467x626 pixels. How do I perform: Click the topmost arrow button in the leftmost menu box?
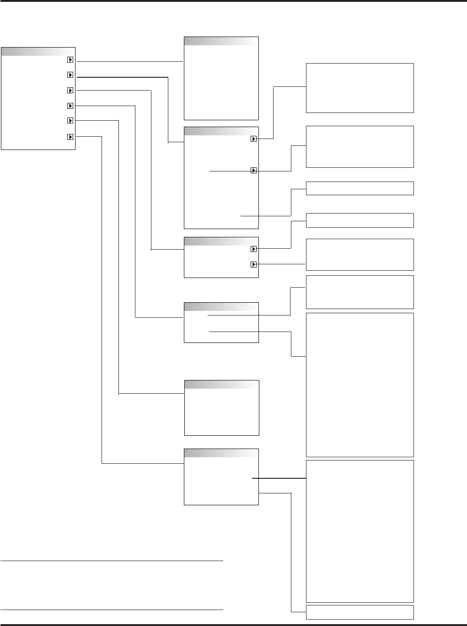click(x=70, y=60)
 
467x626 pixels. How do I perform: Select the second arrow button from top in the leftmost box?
click(x=70, y=75)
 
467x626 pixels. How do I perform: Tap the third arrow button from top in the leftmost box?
click(x=70, y=91)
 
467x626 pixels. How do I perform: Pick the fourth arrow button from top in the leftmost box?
click(x=70, y=106)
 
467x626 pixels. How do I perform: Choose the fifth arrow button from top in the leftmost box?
click(x=70, y=121)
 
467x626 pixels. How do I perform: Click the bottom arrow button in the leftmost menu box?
click(x=70, y=136)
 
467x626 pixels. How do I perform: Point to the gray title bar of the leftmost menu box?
click(x=38, y=51)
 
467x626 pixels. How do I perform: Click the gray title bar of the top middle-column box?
click(x=221, y=41)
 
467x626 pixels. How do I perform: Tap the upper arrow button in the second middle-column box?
click(x=254, y=139)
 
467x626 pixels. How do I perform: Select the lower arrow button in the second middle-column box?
click(x=254, y=170)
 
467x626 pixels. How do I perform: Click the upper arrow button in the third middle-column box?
click(x=254, y=249)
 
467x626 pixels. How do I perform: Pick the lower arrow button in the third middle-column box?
click(x=254, y=264)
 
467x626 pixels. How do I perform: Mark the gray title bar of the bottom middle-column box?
click(x=221, y=453)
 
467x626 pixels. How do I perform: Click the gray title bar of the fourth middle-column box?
click(x=221, y=307)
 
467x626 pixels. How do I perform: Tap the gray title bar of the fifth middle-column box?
click(x=221, y=385)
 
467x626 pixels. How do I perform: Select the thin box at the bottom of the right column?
click(x=360, y=612)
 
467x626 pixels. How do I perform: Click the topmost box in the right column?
click(x=360, y=88)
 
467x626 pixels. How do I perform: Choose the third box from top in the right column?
click(x=360, y=188)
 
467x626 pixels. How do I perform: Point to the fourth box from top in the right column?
click(x=360, y=220)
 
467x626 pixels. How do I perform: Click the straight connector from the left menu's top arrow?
click(x=130, y=61)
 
